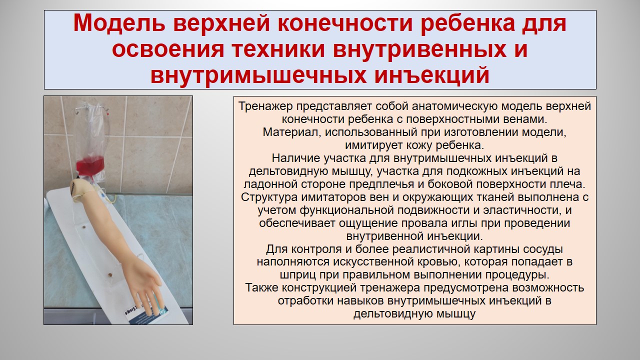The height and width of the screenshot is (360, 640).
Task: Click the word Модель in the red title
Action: point(119,23)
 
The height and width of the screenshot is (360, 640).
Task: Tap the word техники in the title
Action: point(278,49)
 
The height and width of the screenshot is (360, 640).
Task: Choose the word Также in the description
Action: point(261,287)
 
